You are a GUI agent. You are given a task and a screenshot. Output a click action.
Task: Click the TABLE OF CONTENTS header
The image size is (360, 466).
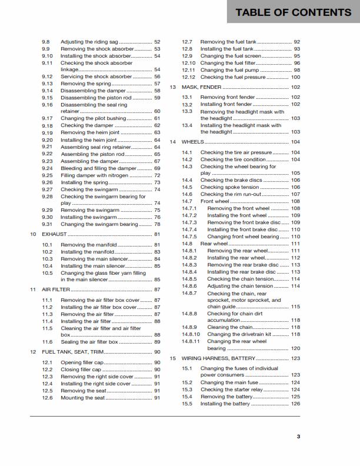[293, 12]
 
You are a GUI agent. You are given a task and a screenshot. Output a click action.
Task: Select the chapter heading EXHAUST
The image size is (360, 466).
[54, 234]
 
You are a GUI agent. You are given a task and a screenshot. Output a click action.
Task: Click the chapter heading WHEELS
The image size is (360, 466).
[192, 142]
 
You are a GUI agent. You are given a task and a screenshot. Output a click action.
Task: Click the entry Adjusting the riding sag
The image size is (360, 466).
[89, 42]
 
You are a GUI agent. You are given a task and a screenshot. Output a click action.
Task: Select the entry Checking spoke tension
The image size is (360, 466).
[229, 187]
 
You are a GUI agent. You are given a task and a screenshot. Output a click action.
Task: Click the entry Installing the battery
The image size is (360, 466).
[226, 404]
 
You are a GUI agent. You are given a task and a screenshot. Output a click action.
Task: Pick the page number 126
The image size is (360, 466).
[295, 404]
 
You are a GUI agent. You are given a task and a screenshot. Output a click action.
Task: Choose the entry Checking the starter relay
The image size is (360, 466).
[229, 390]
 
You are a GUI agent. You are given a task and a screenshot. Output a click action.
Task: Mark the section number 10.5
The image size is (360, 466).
[48, 273]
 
